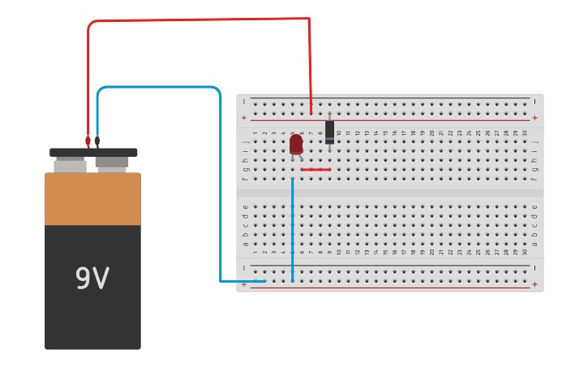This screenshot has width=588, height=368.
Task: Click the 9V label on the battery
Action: pos(92,279)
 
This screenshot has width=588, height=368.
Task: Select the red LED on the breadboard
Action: pos(296,145)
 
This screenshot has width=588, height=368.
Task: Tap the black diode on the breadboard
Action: pos(329,132)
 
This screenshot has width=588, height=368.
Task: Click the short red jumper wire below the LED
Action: pos(315,170)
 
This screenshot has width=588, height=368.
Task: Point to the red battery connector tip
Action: pos(88,141)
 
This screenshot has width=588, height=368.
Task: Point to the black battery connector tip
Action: pos(97,141)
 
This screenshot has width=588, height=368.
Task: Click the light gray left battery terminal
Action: pos(71,166)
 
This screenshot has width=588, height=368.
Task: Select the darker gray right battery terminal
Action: pos(112,163)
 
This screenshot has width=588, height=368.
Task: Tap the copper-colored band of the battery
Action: pos(92,199)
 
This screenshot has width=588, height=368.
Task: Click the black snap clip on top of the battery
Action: pos(93,153)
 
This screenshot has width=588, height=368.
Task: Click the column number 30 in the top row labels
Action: pos(525,132)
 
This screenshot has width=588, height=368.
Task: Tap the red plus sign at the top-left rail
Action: pos(243,118)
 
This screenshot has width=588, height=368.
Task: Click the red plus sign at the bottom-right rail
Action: pos(534,284)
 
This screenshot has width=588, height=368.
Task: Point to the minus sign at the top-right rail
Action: pos(534,101)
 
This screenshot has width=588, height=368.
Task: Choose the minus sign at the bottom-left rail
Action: pos(243,267)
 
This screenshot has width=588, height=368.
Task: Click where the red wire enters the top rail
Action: pos(311,113)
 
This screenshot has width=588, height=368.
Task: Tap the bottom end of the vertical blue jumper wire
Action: pos(293,280)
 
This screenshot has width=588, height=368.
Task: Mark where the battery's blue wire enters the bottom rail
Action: pos(264,281)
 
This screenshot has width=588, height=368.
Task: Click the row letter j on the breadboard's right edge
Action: pos(534,141)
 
